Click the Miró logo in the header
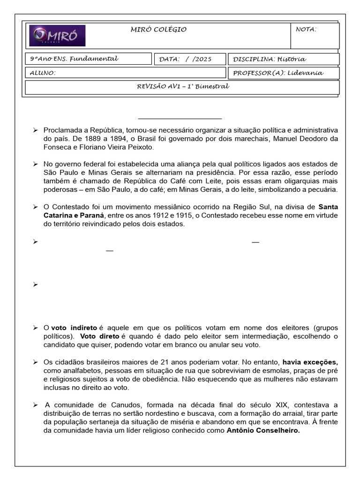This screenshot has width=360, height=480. (57, 36)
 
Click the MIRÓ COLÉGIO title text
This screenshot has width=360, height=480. (158, 30)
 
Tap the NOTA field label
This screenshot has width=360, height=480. (306, 30)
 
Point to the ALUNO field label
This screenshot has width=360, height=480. (43, 73)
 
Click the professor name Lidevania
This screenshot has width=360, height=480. (305, 73)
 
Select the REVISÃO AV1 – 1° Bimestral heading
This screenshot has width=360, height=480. (183, 87)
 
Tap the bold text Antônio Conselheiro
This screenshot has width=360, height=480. (263, 430)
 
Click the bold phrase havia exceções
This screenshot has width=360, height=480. (310, 362)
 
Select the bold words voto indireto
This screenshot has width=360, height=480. (74, 328)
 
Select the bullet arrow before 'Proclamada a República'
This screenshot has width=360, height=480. (35, 130)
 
